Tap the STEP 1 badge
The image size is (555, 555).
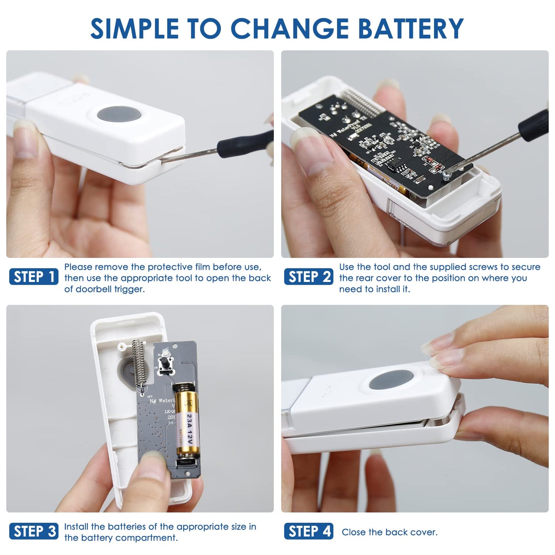pyautogui.click(x=34, y=277)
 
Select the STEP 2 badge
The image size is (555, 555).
pyautogui.click(x=309, y=277)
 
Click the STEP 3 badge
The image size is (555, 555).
pyautogui.click(x=34, y=532)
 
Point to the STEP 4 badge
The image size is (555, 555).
pyautogui.click(x=309, y=532)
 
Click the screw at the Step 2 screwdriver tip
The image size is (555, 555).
pyautogui.click(x=447, y=175)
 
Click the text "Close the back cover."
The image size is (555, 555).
pyautogui.click(x=389, y=532)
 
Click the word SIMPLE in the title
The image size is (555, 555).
pyautogui.click(x=134, y=29)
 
